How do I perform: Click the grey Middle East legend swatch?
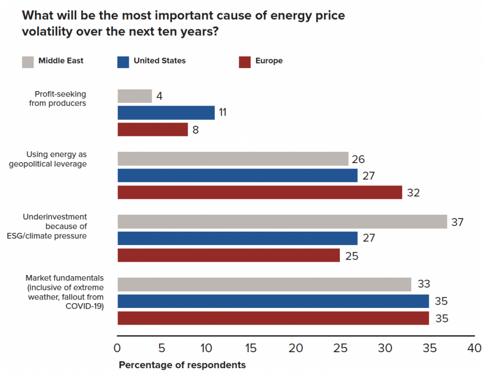(x=28, y=61)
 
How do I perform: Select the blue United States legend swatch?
(x=123, y=61)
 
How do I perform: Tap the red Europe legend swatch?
(x=245, y=61)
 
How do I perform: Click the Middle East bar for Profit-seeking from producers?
(x=135, y=96)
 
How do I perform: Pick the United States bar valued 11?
(x=166, y=112)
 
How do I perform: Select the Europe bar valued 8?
(x=153, y=129)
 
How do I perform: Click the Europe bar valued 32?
(x=260, y=192)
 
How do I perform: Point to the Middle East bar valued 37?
(x=282, y=222)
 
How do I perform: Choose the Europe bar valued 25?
(x=229, y=255)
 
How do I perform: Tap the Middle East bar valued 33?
(x=264, y=285)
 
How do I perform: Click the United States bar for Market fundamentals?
(x=273, y=302)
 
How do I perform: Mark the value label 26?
(x=358, y=159)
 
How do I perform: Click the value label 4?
(x=159, y=96)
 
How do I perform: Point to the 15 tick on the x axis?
(x=251, y=348)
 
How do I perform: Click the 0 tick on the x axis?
(x=118, y=348)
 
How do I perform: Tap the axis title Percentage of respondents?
(x=182, y=365)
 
